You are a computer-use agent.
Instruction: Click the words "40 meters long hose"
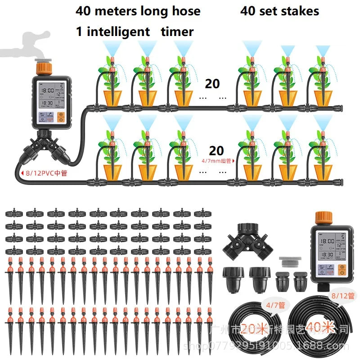138,11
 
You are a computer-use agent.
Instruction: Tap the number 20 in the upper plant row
213,84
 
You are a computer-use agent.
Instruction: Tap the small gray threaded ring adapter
288,261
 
